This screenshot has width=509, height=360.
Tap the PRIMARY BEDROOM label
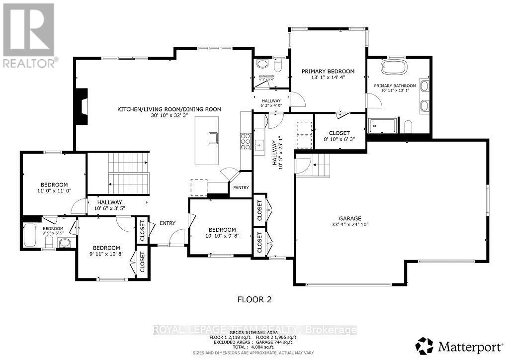point(328,72)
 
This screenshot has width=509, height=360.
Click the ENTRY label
point(168,223)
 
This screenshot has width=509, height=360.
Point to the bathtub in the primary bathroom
point(394,68)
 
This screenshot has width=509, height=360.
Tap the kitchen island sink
point(213,138)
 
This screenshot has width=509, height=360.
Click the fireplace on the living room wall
point(81,106)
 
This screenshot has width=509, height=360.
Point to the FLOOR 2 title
point(254,299)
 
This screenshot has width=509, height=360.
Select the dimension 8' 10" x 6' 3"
point(339,140)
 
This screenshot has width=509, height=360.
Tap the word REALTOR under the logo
point(28,63)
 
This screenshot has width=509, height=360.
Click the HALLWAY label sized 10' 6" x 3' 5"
point(109,202)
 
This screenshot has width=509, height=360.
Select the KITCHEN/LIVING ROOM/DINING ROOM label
point(169,109)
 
